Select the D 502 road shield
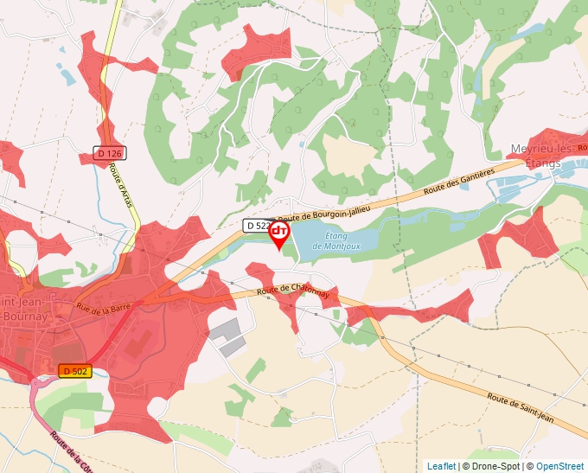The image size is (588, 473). (x=74, y=371)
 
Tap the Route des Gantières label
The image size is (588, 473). (x=458, y=182)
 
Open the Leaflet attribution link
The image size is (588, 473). (x=441, y=466)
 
